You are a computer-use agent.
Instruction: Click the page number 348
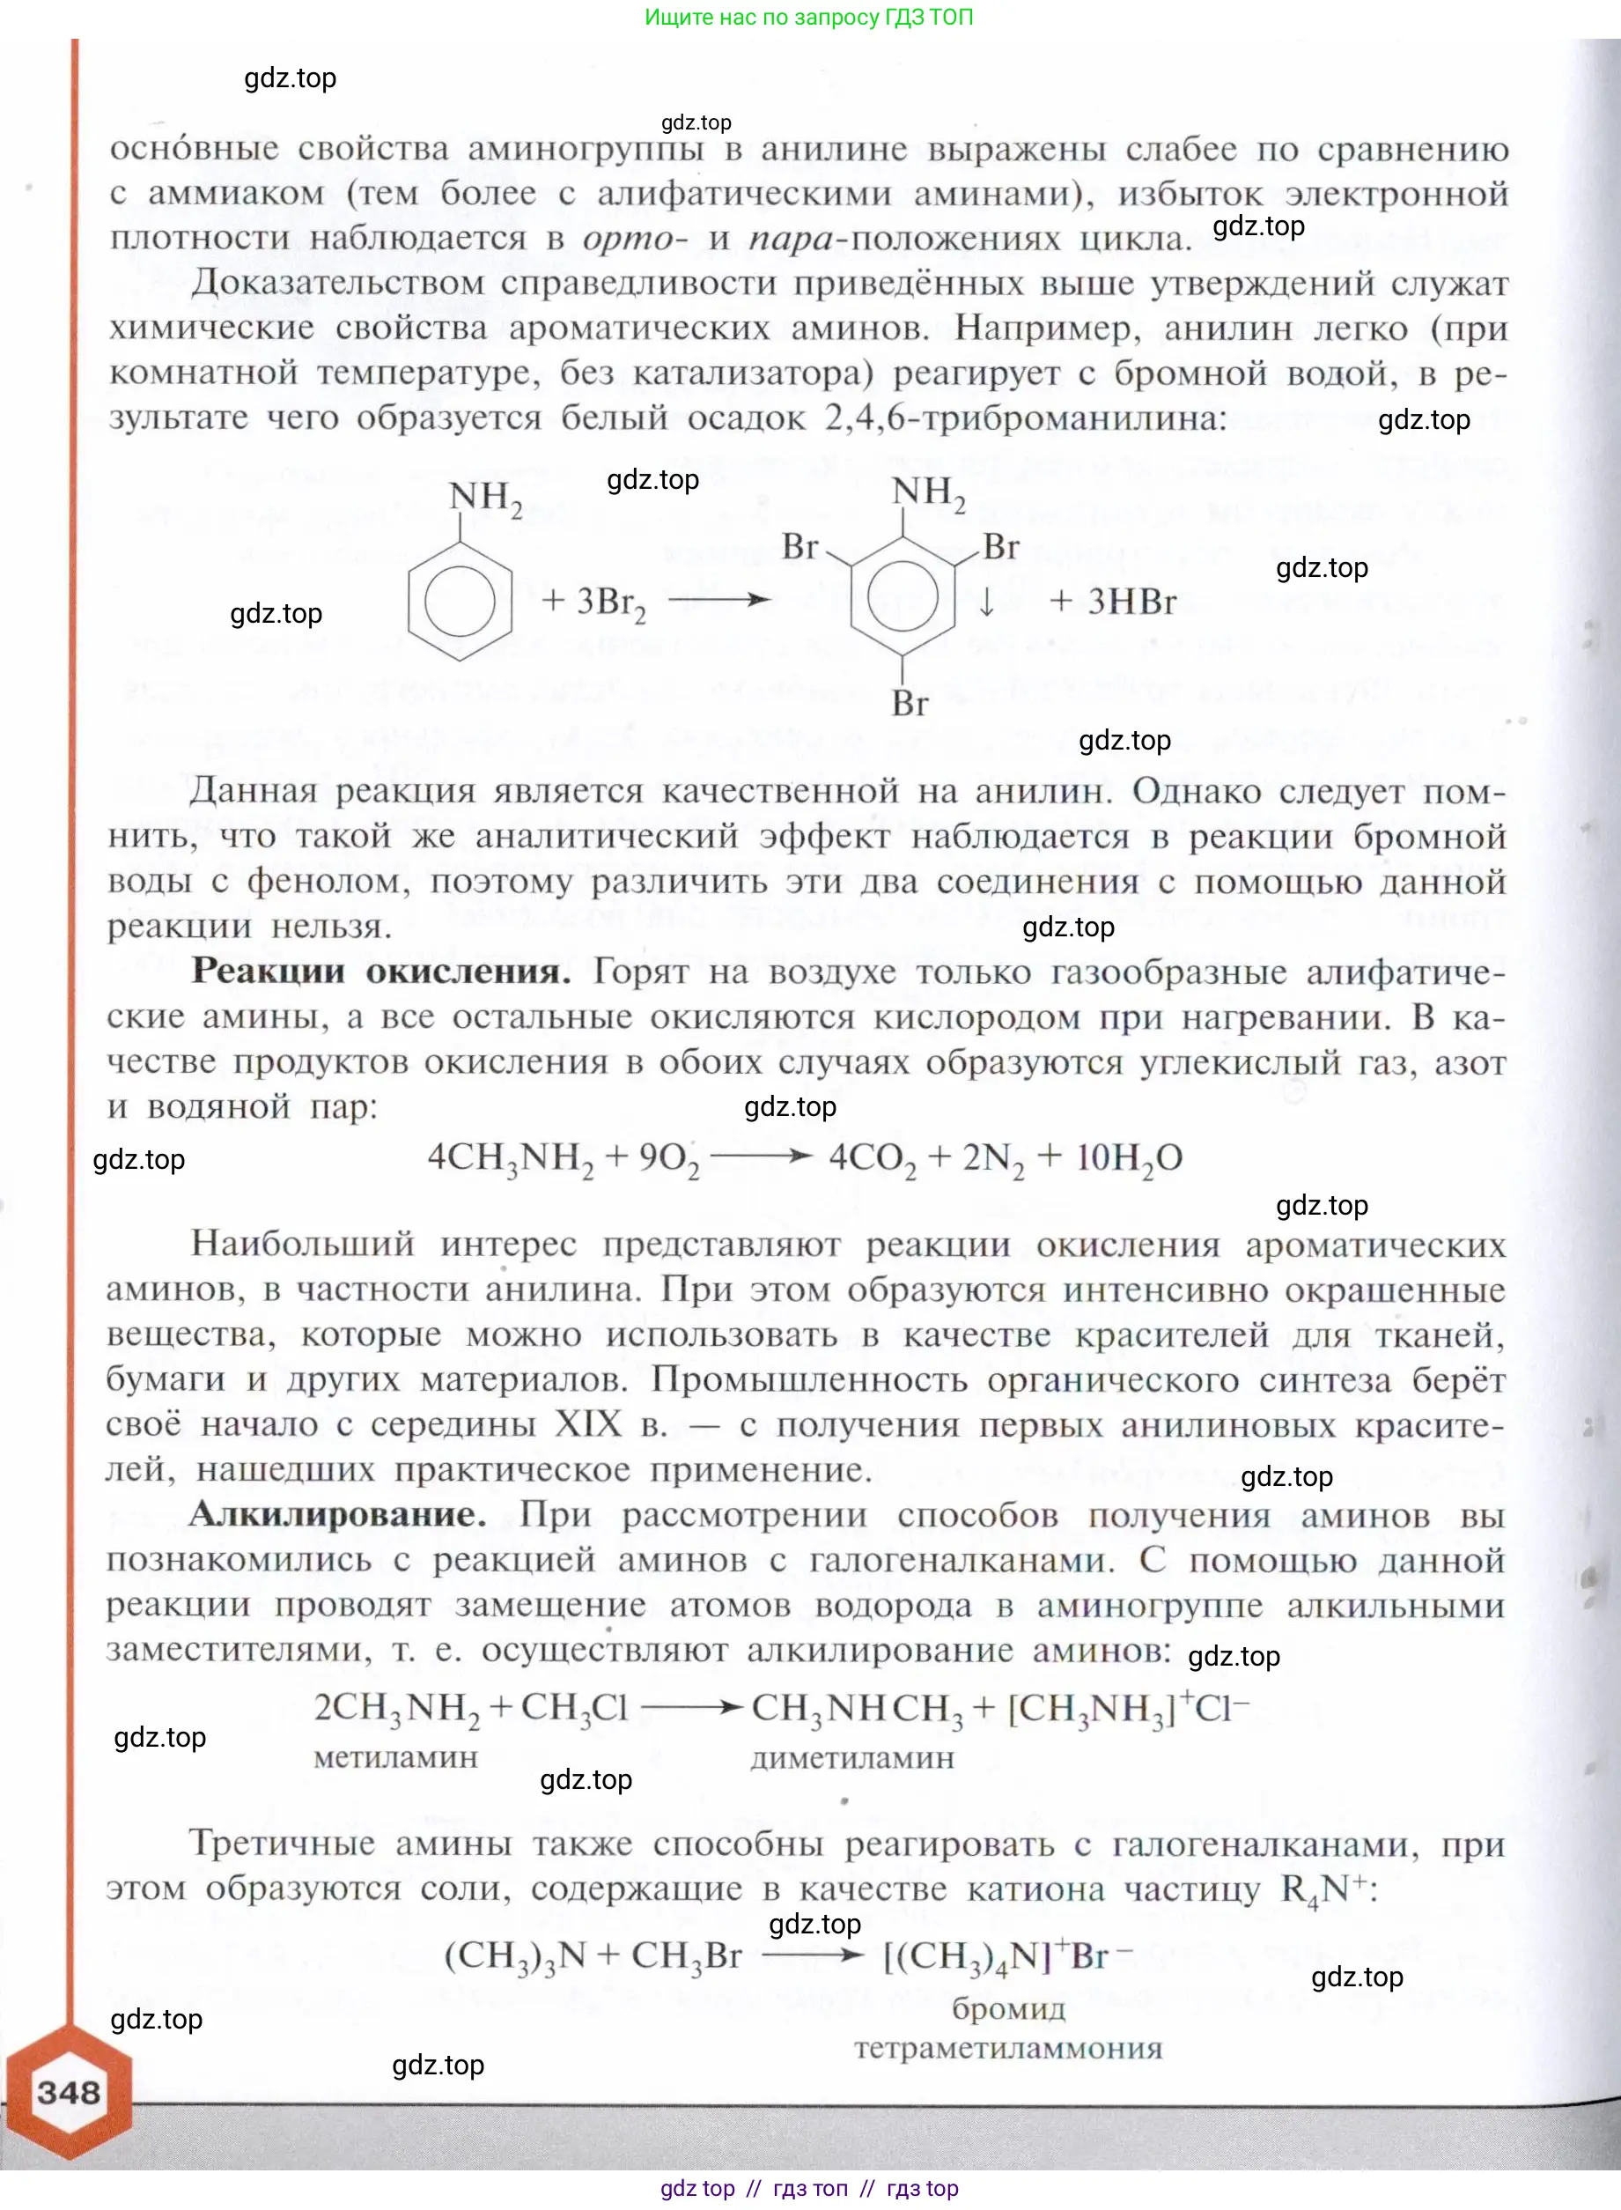coord(69,2092)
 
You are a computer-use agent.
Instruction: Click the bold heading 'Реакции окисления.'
coord(380,972)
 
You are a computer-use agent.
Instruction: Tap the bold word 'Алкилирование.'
coord(336,1514)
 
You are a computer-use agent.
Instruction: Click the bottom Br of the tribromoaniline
coord(910,703)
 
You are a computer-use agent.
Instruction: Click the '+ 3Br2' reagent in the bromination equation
coord(593,602)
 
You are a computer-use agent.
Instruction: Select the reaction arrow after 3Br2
coord(719,600)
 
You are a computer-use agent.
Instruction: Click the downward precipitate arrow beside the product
coord(986,602)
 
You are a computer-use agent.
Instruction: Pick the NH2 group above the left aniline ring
coord(485,498)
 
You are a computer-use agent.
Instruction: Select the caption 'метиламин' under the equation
coord(395,1756)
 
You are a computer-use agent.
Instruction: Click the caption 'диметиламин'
coord(851,1757)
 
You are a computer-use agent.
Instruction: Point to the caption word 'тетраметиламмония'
coord(1007,2048)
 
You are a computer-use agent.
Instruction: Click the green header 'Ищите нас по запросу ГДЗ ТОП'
coord(808,17)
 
